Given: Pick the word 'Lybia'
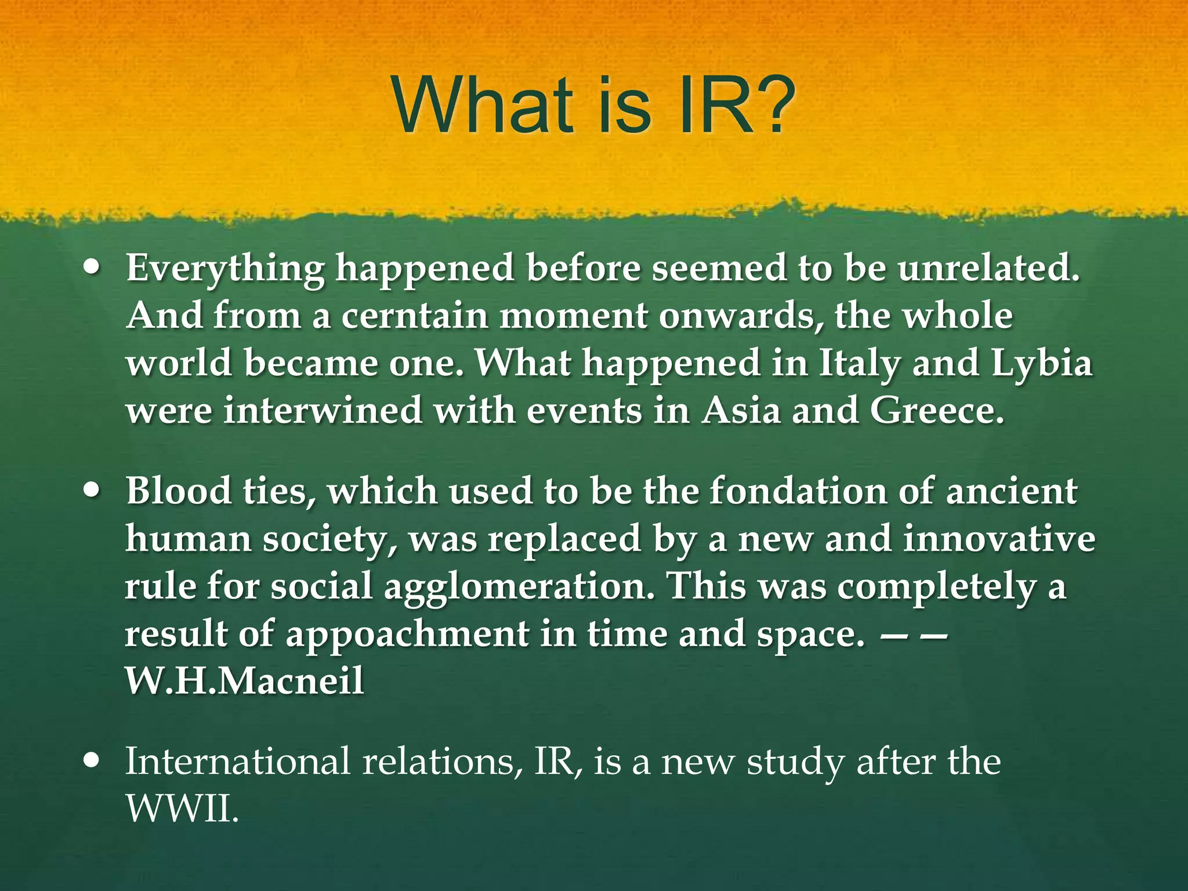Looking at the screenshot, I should pyautogui.click(x=1042, y=363).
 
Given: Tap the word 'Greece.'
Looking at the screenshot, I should pyautogui.click(x=937, y=411).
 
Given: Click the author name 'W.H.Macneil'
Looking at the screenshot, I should pyautogui.click(x=245, y=680).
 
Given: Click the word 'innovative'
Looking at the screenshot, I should pyautogui.click(x=999, y=539).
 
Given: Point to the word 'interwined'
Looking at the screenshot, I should pyautogui.click(x=323, y=411).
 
